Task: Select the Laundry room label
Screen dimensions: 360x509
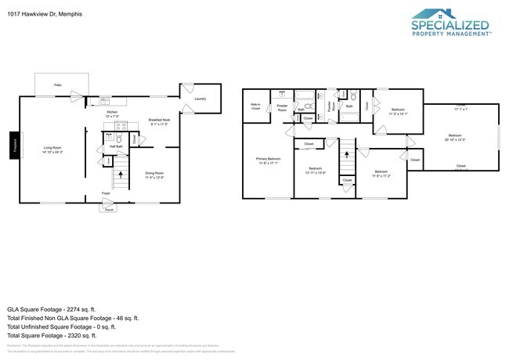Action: click(200, 99)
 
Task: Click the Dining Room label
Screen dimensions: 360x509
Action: click(154, 175)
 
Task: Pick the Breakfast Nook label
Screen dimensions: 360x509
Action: click(159, 121)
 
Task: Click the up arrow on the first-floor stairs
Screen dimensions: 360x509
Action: click(120, 182)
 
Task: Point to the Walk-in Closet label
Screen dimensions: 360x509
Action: click(255, 106)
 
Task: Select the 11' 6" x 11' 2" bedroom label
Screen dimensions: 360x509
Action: click(381, 173)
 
